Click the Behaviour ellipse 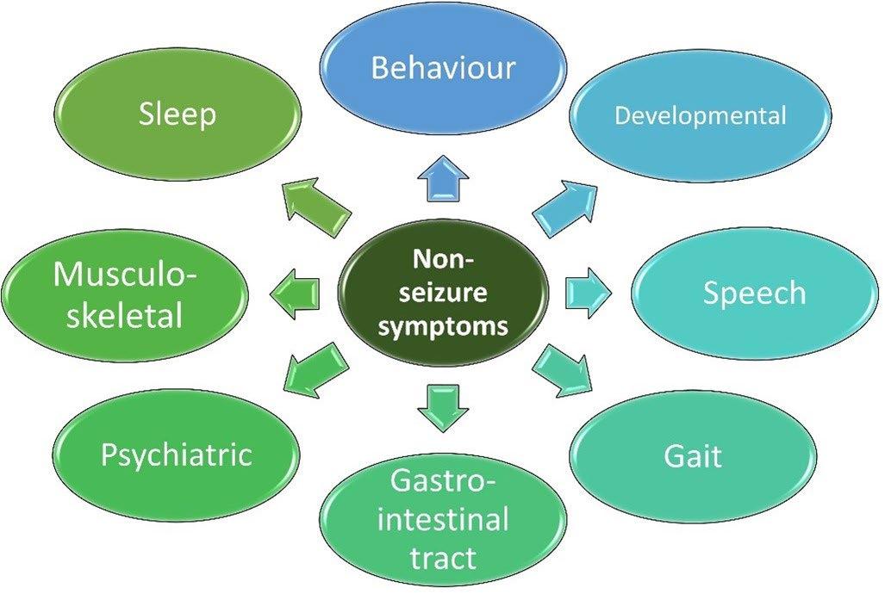443,66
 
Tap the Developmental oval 700,116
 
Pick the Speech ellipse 754,294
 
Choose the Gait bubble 692,455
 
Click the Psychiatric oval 176,454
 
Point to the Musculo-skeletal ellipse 125,294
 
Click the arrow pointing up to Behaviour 442,181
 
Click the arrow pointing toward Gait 563,367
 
